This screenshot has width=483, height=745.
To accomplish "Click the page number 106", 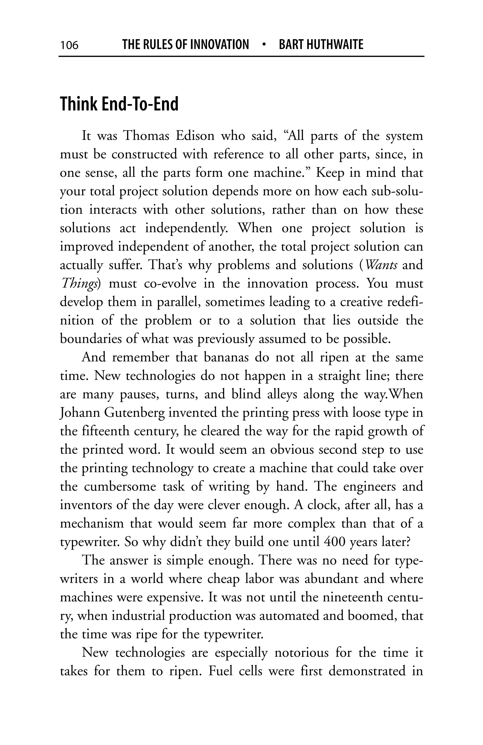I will click(x=69, y=45).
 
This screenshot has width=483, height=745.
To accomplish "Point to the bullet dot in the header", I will click(x=264, y=45).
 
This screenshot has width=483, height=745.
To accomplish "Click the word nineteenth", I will click(x=353, y=597).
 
